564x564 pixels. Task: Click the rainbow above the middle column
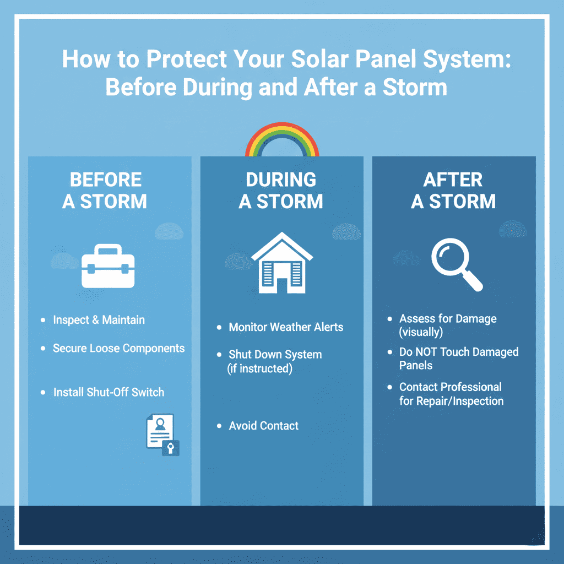click(x=281, y=138)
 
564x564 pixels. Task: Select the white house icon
click(x=282, y=263)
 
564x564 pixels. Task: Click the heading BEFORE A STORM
click(x=105, y=191)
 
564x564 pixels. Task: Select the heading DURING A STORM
click(x=281, y=191)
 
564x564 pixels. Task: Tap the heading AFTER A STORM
click(x=453, y=191)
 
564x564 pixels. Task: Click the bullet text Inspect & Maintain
click(x=99, y=320)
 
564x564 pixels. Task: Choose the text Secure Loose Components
click(x=118, y=348)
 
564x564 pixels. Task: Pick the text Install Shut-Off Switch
click(x=109, y=392)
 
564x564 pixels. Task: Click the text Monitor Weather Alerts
click(x=286, y=327)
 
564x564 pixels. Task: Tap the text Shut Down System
click(x=275, y=355)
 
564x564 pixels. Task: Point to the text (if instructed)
click(x=259, y=369)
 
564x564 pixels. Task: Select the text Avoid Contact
click(x=263, y=426)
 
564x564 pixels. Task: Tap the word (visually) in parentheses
click(x=421, y=332)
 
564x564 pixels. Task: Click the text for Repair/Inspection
click(x=451, y=401)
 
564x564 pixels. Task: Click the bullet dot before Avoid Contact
click(x=219, y=426)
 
